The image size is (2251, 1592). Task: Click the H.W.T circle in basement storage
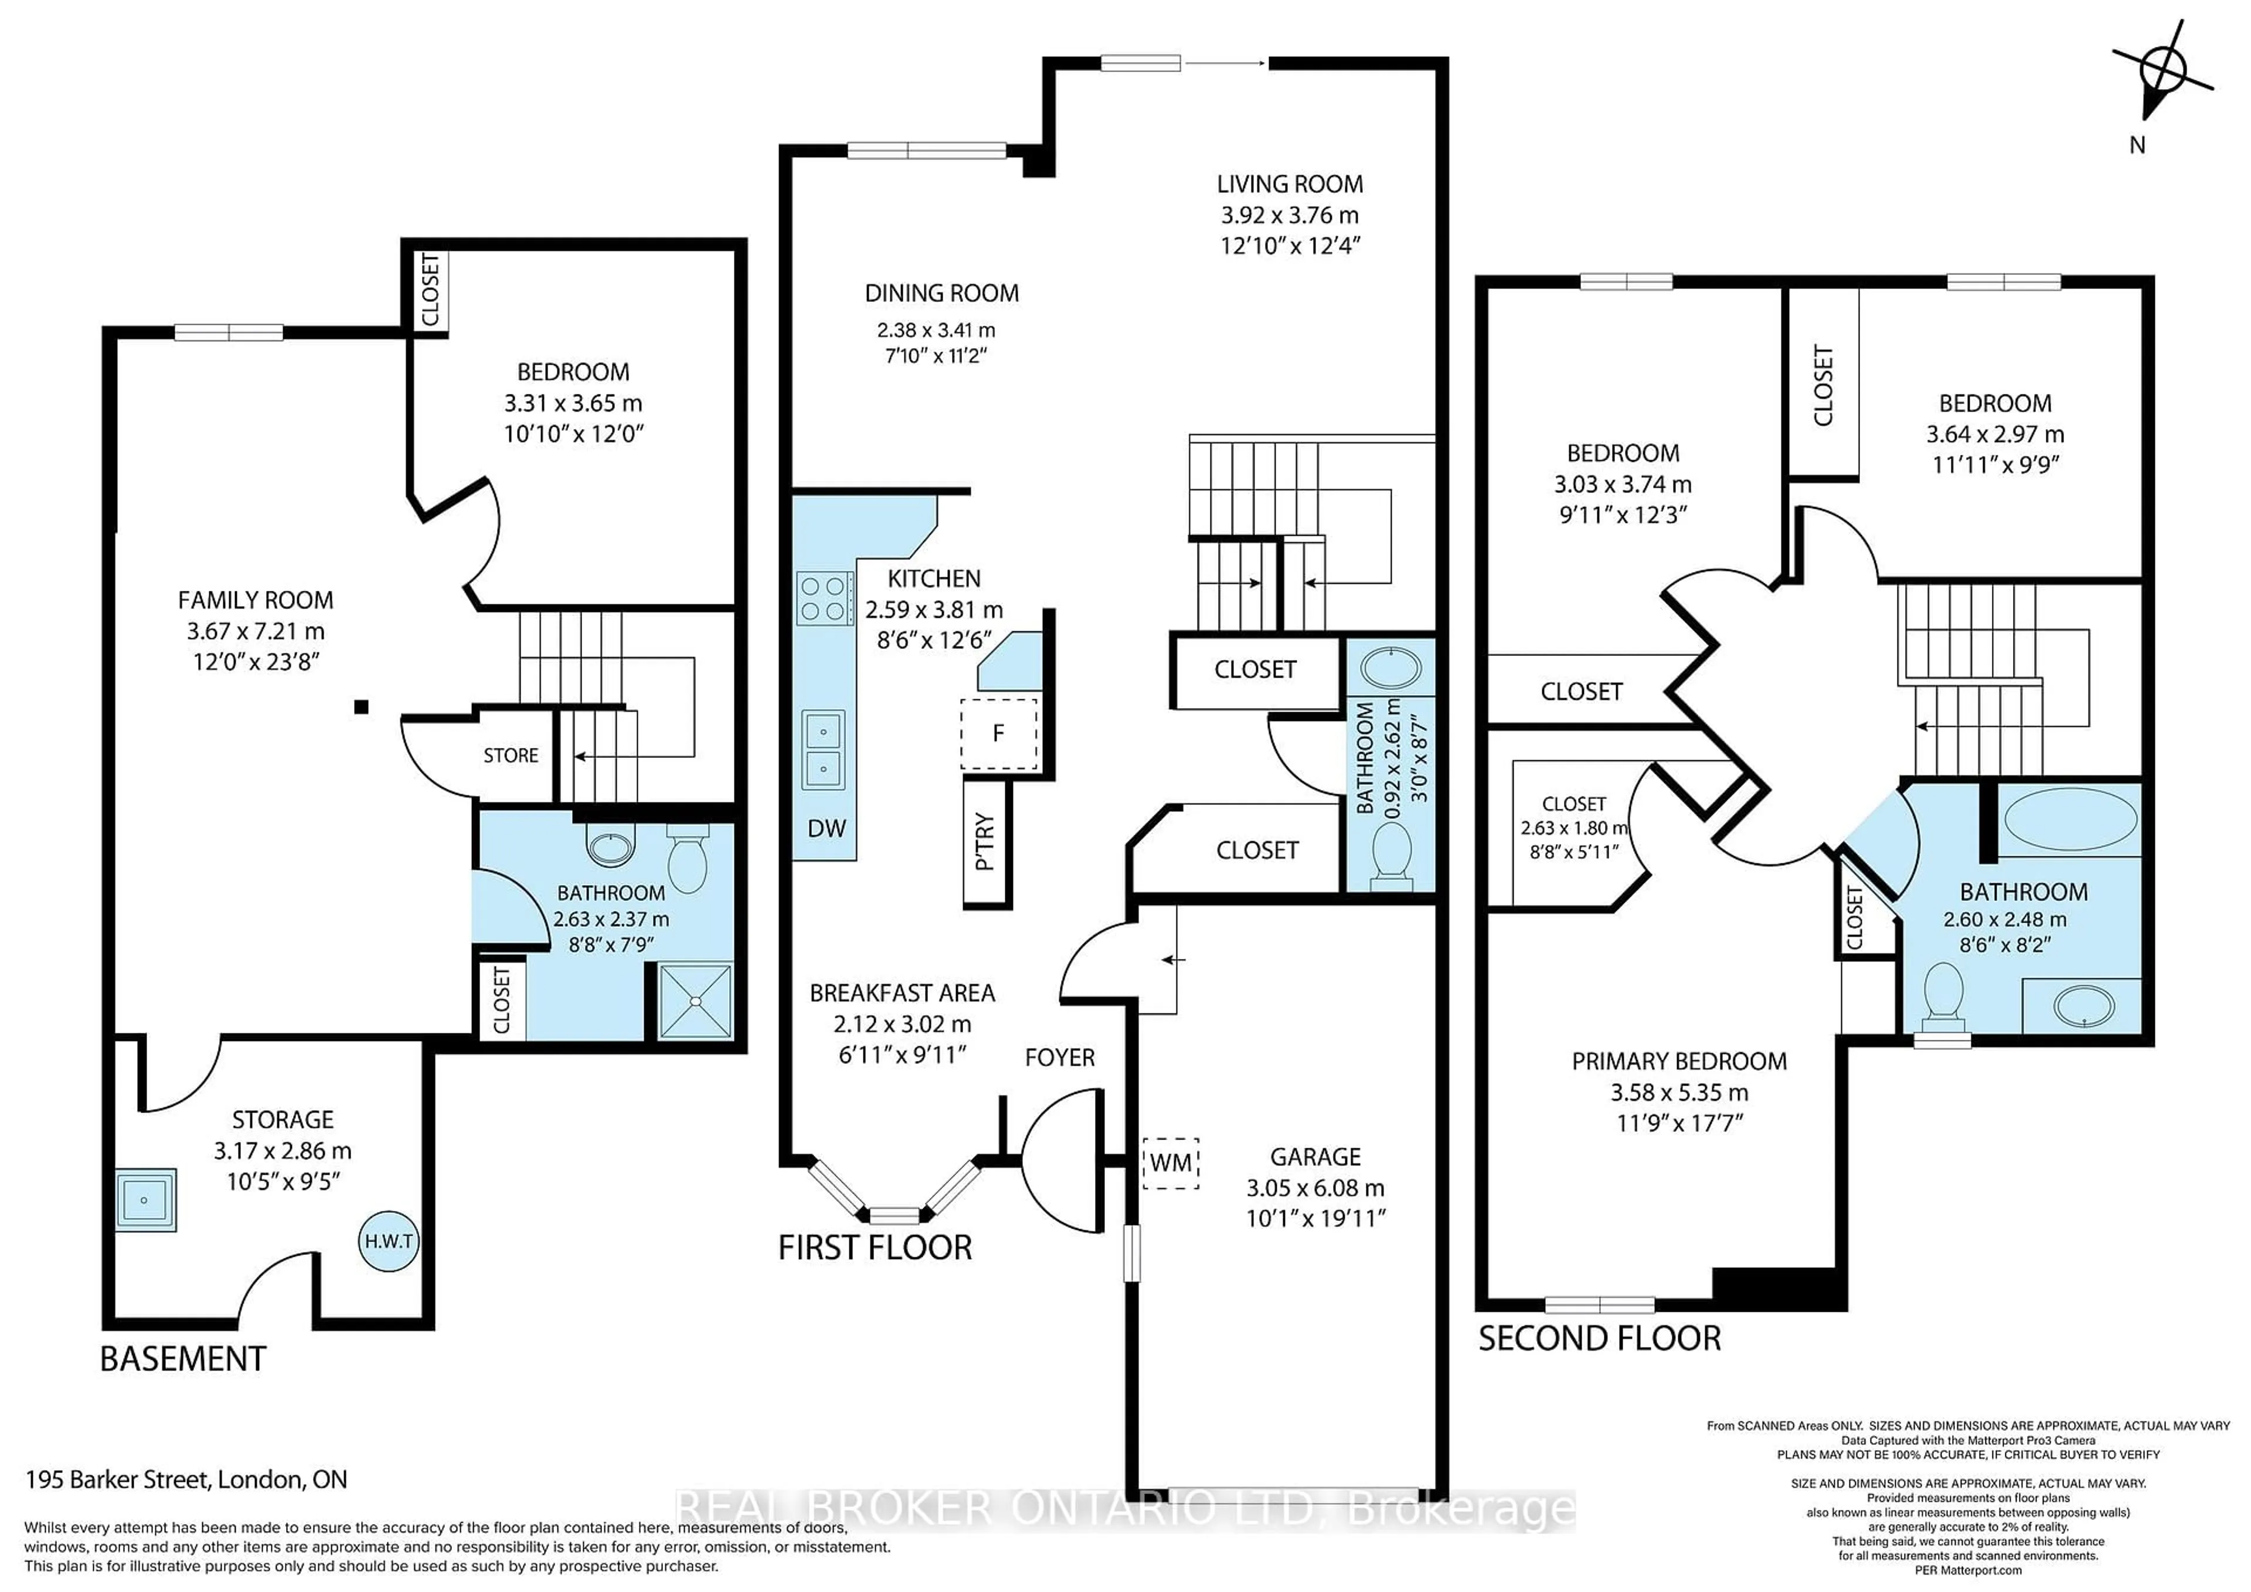click(388, 1241)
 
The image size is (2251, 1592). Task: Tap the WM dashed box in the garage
click(1171, 1162)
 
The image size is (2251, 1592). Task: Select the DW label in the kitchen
click(825, 828)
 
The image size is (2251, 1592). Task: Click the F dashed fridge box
click(998, 733)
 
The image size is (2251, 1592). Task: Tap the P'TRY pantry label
click(985, 841)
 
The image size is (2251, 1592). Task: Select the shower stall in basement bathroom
click(695, 1001)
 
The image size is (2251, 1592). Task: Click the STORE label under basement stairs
click(511, 756)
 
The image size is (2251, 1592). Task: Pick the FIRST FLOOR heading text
click(875, 1248)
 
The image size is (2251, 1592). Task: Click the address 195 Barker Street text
click(186, 1479)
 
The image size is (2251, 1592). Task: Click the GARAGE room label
click(1315, 1156)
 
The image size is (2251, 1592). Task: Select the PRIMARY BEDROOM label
click(1678, 1062)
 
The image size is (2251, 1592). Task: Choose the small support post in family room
click(361, 707)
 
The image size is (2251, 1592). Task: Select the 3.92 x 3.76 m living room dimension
click(1289, 215)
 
